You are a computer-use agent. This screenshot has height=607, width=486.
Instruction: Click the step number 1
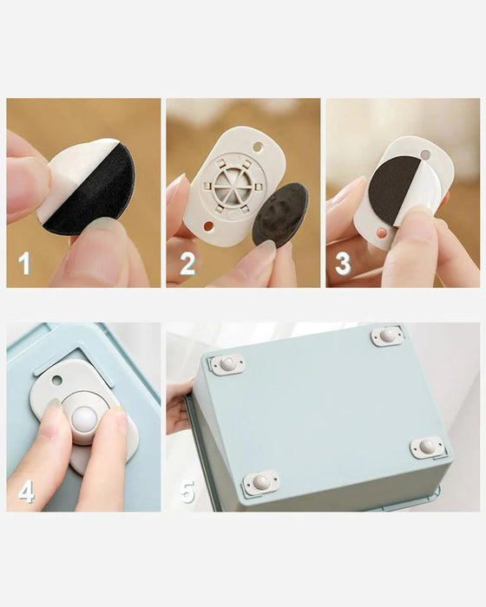click(24, 264)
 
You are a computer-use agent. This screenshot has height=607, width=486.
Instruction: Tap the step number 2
click(187, 264)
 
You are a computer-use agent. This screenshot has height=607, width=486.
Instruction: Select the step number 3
click(343, 264)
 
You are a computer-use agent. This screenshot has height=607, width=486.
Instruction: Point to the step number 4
click(26, 493)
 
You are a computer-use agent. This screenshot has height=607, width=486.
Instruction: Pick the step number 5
click(187, 492)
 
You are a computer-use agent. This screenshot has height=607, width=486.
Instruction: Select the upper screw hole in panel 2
click(258, 147)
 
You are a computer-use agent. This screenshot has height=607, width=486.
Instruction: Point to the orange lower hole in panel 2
click(208, 225)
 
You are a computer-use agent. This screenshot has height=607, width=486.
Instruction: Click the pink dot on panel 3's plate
click(382, 232)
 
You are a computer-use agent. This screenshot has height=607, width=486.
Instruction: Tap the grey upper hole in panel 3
click(425, 154)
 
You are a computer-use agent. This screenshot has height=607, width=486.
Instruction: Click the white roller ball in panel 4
click(84, 421)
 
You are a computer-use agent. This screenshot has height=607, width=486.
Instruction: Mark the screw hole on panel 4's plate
click(56, 381)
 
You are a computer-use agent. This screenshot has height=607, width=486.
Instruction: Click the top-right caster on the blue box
click(388, 336)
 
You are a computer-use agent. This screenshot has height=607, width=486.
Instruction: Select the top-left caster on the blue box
click(227, 364)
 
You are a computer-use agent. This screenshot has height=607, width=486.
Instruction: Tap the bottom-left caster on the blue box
click(260, 482)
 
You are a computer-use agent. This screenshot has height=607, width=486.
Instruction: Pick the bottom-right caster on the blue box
click(427, 447)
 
